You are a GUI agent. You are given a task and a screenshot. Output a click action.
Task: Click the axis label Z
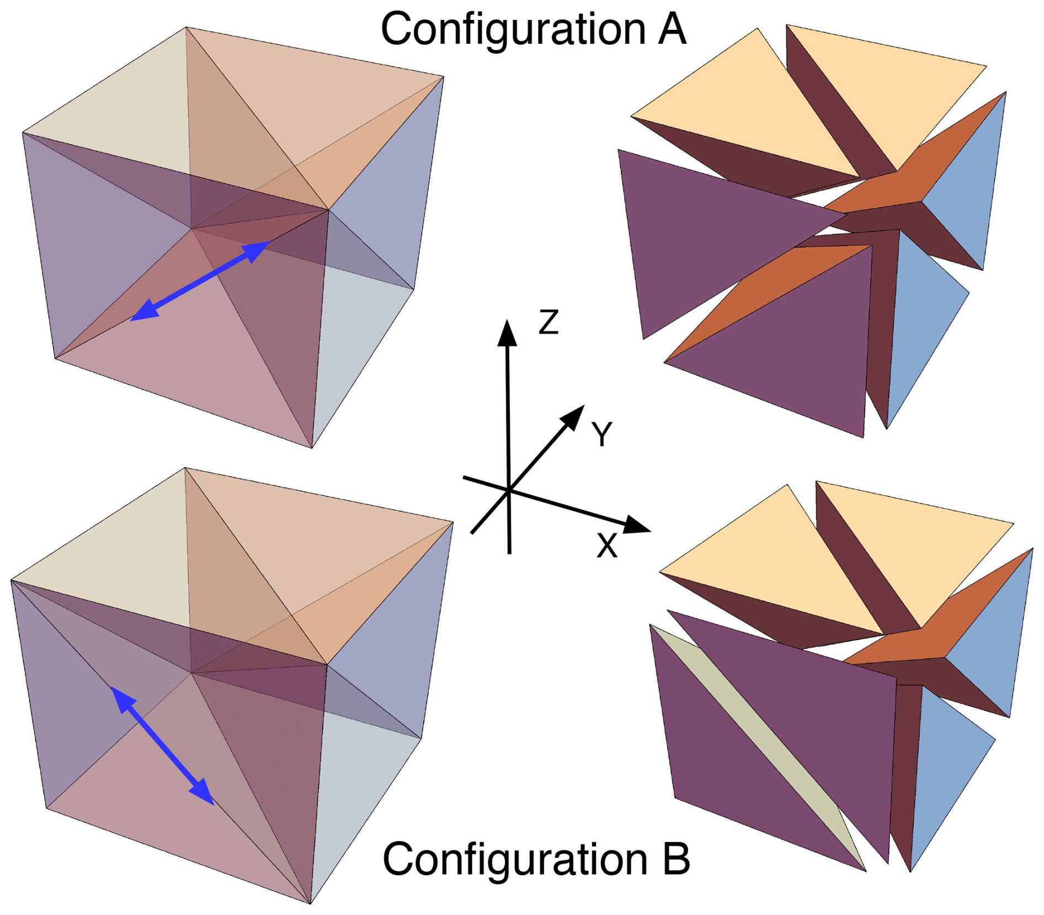(x=548, y=322)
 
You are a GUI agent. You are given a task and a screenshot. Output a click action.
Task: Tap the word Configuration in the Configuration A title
(x=513, y=30)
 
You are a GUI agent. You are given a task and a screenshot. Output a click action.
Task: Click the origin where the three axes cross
(x=508, y=490)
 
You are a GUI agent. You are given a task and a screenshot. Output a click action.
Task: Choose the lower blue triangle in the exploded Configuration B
(x=944, y=762)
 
